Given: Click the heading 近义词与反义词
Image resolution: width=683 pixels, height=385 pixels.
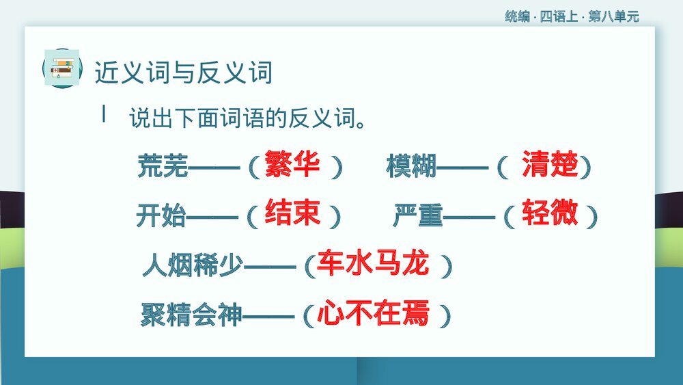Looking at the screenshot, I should (184, 72).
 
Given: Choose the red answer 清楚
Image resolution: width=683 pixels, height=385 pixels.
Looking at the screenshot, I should (550, 165).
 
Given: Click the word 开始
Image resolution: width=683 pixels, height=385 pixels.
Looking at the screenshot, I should (161, 216).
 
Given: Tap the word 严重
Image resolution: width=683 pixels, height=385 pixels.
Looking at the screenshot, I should (418, 216).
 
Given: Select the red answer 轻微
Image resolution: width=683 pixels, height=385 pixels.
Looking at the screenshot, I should (550, 213).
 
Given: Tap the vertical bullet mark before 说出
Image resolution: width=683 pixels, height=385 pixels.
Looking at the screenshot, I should (104, 114).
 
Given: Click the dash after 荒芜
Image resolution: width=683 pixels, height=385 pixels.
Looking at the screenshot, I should (214, 168).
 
